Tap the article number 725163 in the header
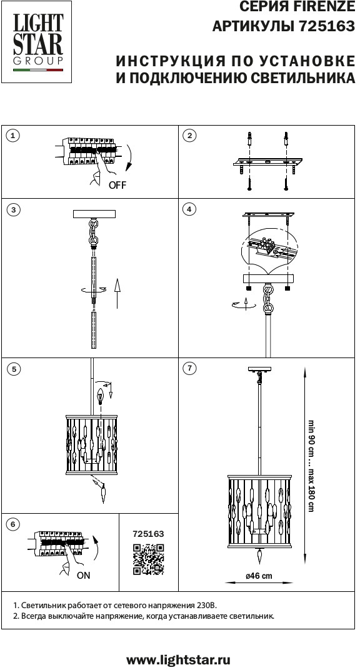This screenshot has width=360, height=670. click(327, 26)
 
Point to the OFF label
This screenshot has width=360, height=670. click(117, 185)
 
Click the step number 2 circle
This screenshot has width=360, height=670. click(189, 136)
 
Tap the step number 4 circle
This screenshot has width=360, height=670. click(189, 209)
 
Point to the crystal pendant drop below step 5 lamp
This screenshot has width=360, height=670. click(104, 494)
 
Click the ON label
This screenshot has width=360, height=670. click(84, 576)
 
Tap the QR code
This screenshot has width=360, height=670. click(148, 559)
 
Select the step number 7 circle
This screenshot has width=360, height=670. click(189, 369)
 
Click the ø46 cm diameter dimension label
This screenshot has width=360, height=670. click(259, 576)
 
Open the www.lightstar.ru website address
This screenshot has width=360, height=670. click(179, 660)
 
